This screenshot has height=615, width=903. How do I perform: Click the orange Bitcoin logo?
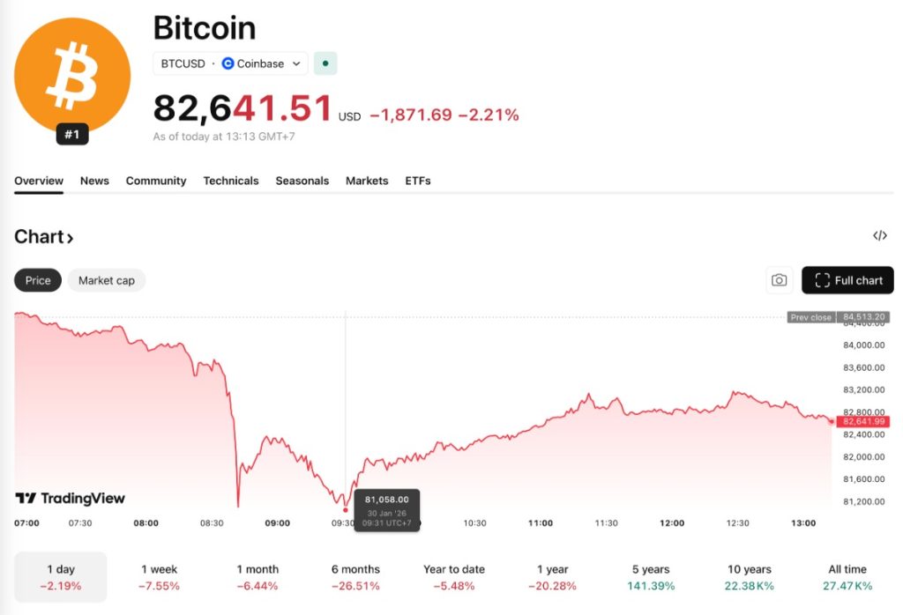tap(72, 75)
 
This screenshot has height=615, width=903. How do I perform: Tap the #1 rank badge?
tap(72, 135)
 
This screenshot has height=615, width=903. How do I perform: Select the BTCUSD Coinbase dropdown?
tap(230, 63)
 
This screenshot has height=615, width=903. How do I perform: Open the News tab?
tap(94, 181)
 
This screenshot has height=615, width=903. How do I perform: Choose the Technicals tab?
tap(231, 181)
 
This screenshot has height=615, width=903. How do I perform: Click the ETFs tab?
tap(418, 181)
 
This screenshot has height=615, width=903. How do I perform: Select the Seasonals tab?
tap(302, 181)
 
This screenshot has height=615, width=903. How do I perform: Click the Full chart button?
tap(847, 280)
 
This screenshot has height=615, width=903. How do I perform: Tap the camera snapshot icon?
tap(779, 280)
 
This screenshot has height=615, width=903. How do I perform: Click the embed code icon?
tap(879, 235)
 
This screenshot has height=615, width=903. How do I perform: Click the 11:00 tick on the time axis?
tap(541, 522)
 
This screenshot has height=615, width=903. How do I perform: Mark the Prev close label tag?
tap(810, 317)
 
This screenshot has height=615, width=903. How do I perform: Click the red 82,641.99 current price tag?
tap(862, 422)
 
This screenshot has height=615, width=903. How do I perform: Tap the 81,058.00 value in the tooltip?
tap(386, 500)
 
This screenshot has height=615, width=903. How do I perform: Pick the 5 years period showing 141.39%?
tap(651, 577)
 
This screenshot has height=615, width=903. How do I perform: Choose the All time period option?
tap(847, 577)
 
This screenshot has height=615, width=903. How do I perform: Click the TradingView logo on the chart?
tap(71, 499)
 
